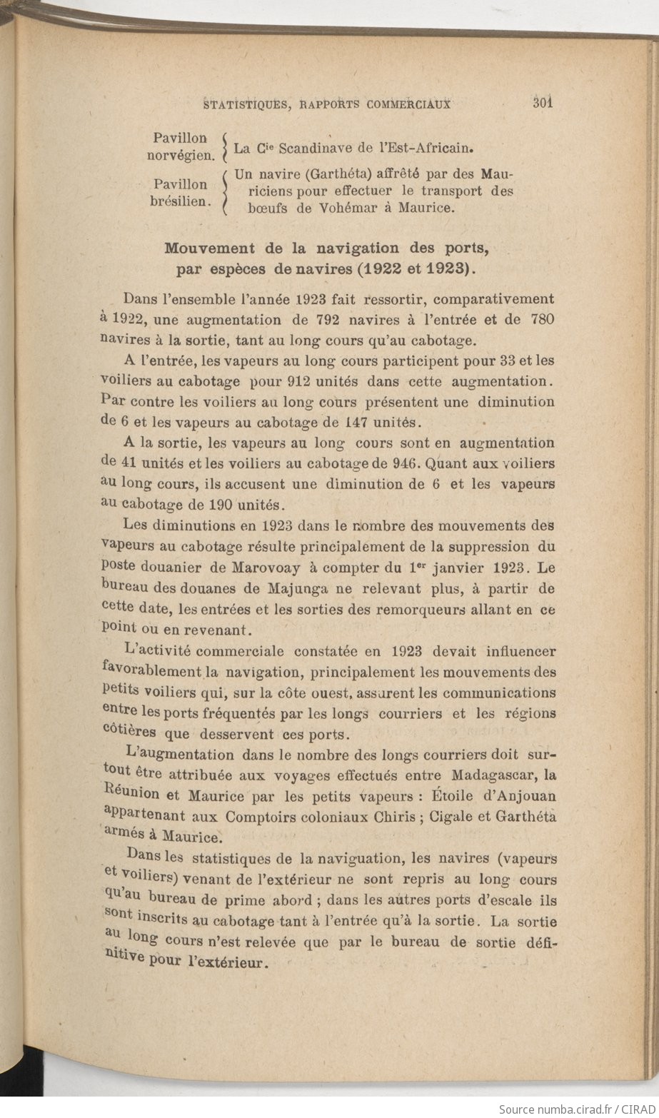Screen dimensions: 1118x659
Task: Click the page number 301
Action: coord(543,102)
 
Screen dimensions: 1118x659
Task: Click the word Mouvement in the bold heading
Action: coord(210,248)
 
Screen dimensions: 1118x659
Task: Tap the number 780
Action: coord(543,319)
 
